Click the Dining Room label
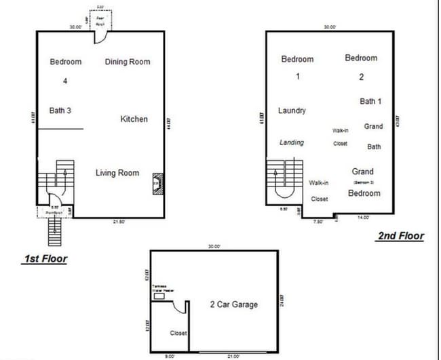(x=128, y=62)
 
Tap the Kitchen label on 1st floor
(x=134, y=119)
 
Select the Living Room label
(x=117, y=173)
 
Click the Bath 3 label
(x=60, y=111)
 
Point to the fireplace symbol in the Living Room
(x=156, y=182)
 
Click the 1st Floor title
(x=45, y=258)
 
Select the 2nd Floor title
(x=400, y=236)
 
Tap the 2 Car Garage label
(x=233, y=304)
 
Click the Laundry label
(x=292, y=111)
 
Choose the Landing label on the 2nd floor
(x=292, y=142)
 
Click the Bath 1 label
(x=370, y=102)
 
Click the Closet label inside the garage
(x=178, y=333)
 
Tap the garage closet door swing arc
(x=180, y=306)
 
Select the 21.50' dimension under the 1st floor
(x=119, y=221)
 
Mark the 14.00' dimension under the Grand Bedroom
(x=364, y=218)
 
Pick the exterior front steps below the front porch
(x=54, y=233)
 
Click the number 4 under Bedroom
(x=66, y=81)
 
